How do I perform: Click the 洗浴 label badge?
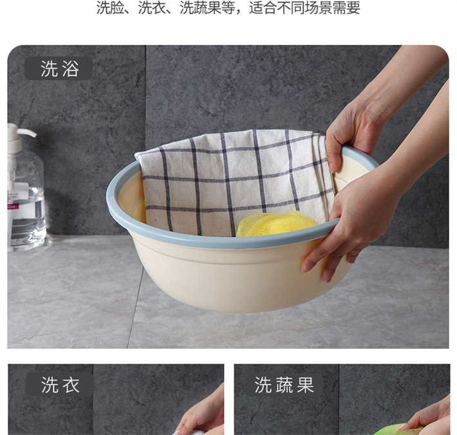pyautogui.click(x=59, y=69)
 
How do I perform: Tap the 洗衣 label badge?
pyautogui.click(x=60, y=385)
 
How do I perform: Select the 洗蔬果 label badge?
pyautogui.click(x=284, y=385)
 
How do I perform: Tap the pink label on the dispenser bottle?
pyautogui.click(x=13, y=207)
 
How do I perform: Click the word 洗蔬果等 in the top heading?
pyautogui.click(x=207, y=8)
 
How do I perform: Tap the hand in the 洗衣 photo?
pyautogui.click(x=201, y=413)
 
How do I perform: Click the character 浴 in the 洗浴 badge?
pyautogui.click(x=71, y=69)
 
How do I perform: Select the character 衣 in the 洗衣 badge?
pyautogui.click(x=71, y=385)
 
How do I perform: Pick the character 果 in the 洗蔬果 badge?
pyautogui.click(x=305, y=385)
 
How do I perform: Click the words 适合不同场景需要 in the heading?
pyautogui.click(x=304, y=8)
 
